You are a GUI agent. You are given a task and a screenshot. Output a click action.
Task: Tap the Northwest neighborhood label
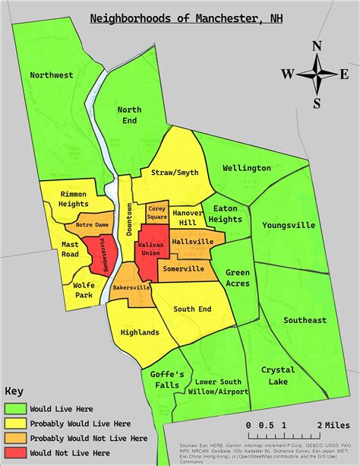coord(52,74)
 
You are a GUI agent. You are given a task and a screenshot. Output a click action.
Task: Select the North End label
coord(129,116)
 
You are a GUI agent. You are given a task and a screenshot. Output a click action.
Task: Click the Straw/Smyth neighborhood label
coord(175,173)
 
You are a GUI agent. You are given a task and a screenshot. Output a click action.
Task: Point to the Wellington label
coord(247,167)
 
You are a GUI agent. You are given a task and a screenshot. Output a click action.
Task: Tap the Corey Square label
coord(157,212)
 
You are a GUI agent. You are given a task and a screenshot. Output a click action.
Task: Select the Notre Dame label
coord(94,226)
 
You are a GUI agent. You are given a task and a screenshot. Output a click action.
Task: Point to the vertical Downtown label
coord(129,220)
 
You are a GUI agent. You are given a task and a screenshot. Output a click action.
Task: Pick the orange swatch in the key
coord(15,439)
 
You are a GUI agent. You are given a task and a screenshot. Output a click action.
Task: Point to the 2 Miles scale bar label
coord(335,423)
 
